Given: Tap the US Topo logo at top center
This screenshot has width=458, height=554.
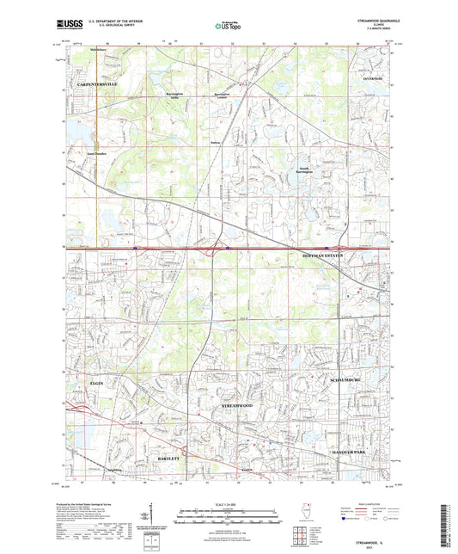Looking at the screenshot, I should [x=225, y=25].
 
